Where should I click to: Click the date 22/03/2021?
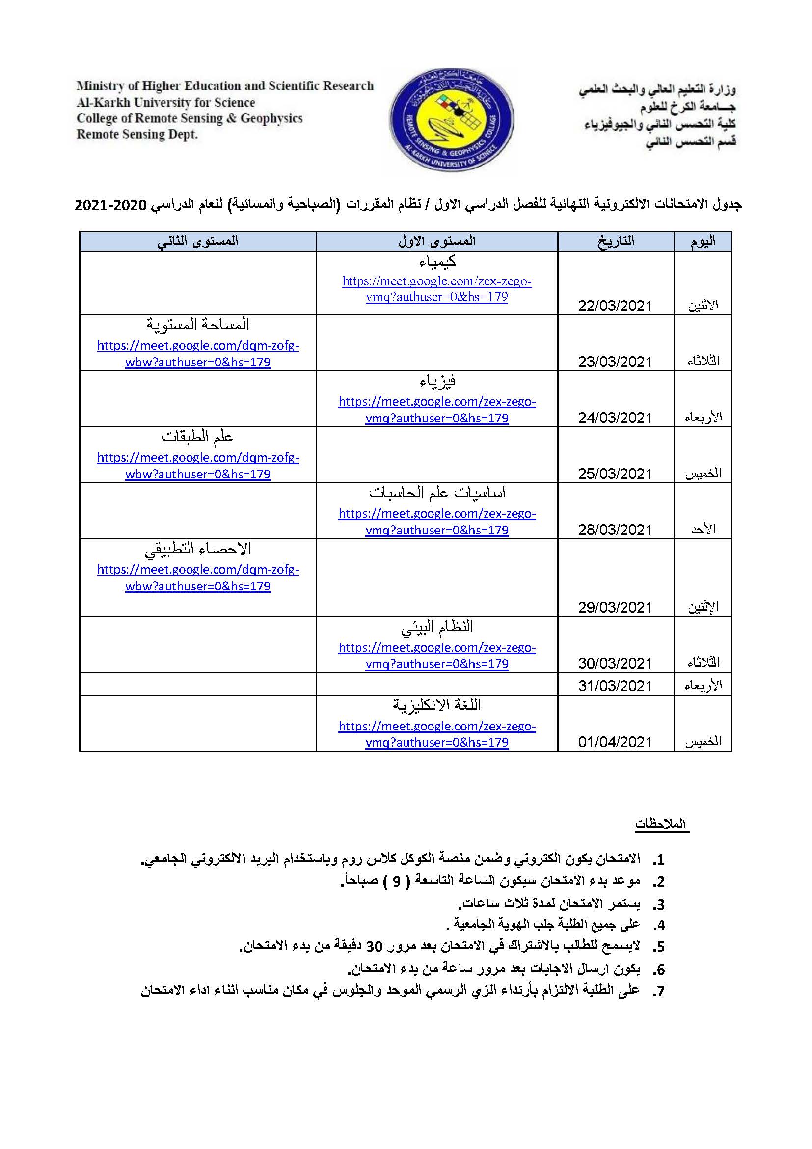[615, 306]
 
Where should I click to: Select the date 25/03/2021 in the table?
[615, 474]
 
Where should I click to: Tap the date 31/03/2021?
[615, 686]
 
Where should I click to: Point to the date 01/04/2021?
[615, 742]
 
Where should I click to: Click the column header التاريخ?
[616, 241]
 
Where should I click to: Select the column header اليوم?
[703, 241]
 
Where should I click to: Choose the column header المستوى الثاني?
[197, 241]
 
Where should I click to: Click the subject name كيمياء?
[437, 261]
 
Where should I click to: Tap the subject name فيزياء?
[437, 382]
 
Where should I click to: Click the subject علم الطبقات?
[197, 437]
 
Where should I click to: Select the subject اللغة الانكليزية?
[437, 705]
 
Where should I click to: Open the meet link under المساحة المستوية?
[197, 354]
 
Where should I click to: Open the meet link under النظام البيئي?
[437, 656]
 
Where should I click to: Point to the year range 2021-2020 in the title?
[110, 205]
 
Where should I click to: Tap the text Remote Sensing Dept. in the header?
[137, 134]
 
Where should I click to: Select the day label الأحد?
[704, 530]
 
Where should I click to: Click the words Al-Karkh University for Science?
[165, 103]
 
